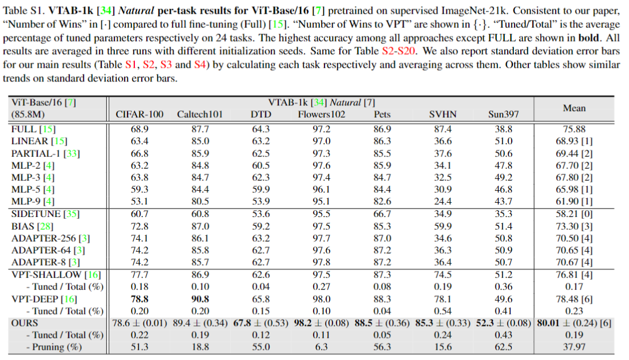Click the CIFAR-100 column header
pos(139,114)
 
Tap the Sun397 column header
pos(504,114)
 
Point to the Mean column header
pos(574,108)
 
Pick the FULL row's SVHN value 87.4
pos(442,129)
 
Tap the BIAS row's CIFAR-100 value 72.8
pos(139,226)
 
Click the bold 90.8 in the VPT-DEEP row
pos(200,299)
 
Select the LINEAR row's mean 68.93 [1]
pos(574,141)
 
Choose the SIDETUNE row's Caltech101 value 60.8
pos(200,214)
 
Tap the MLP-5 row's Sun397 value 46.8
pos(504,189)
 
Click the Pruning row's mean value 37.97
pos(574,347)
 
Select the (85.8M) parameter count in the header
pos(30,114)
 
